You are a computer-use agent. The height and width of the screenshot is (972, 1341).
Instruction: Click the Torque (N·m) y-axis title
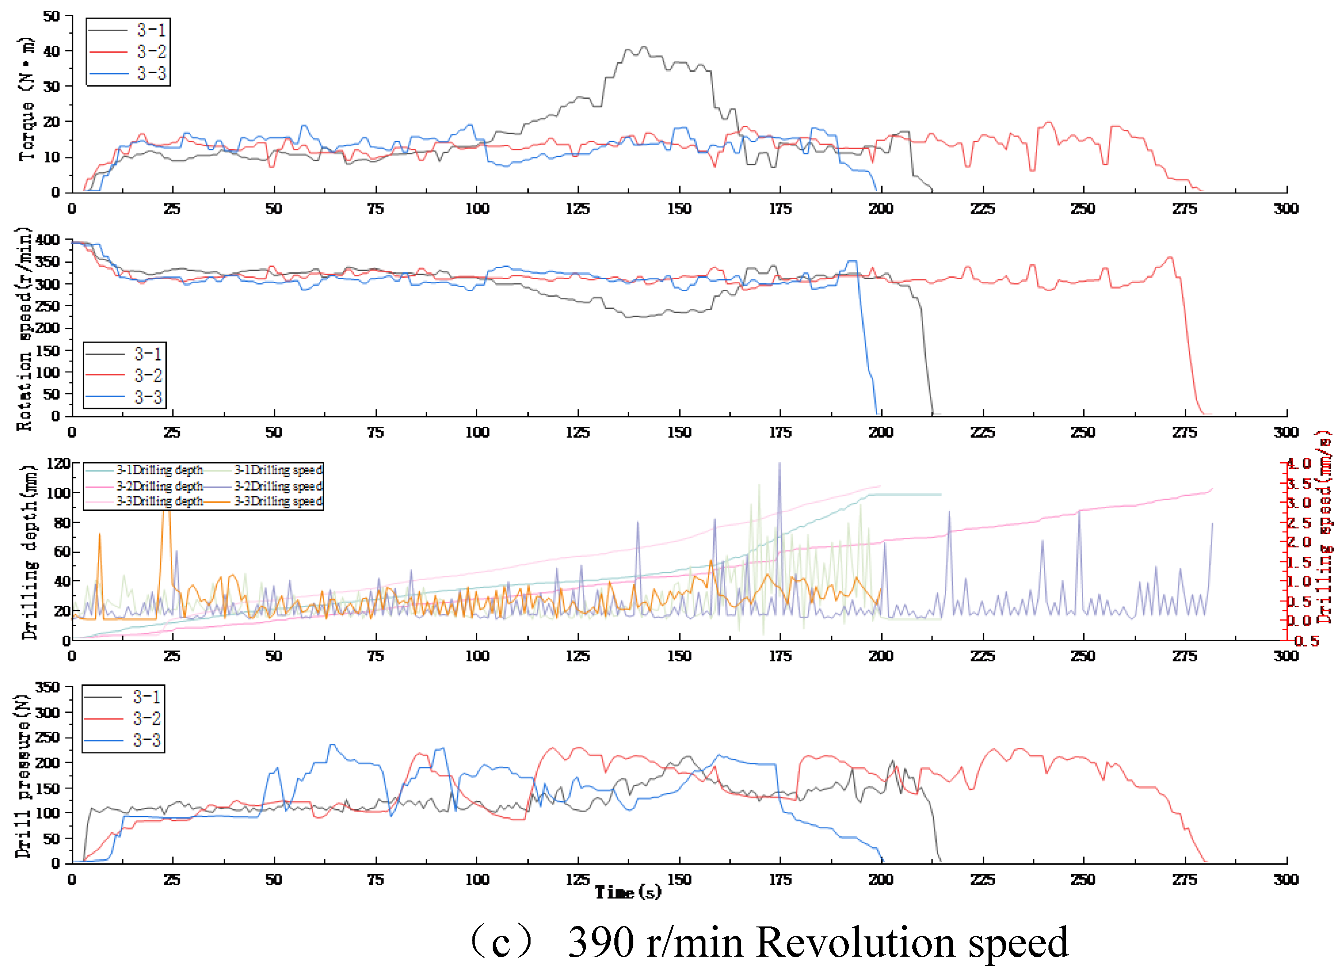coord(26,99)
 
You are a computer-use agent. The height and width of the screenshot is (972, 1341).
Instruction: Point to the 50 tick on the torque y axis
coord(51,16)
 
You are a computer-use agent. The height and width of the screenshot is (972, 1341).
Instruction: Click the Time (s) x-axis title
coord(627,892)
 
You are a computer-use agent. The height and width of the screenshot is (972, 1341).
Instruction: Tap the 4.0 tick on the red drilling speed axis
coord(1300,463)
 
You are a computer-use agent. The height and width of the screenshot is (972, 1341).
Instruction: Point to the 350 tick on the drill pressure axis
coord(47,687)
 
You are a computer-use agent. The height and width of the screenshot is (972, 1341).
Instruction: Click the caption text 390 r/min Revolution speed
coord(818,942)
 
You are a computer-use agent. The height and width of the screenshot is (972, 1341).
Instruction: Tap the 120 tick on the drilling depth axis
coord(58,463)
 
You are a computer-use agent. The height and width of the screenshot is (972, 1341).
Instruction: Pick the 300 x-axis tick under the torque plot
coord(1286,209)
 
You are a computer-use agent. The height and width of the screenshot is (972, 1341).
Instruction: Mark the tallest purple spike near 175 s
coord(779,463)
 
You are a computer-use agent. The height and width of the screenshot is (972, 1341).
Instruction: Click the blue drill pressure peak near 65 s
coord(332,745)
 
